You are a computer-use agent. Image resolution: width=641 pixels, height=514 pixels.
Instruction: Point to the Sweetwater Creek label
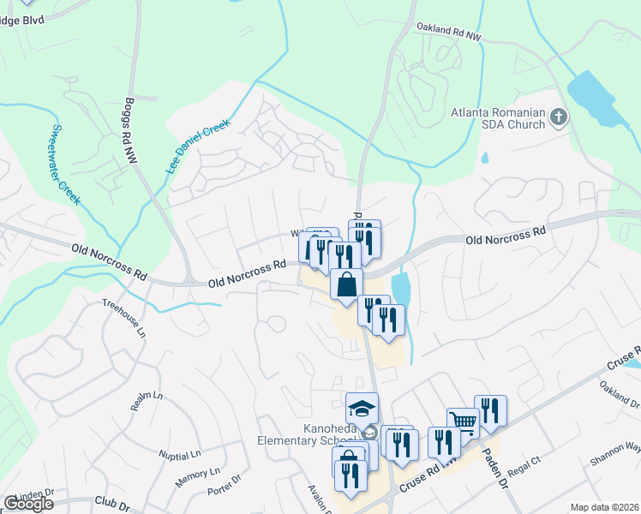64,164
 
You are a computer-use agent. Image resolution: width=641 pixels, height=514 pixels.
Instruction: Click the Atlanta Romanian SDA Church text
499,118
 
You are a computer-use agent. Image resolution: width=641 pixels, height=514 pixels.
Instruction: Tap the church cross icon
559,116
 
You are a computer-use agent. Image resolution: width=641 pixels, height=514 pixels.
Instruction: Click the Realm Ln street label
147,400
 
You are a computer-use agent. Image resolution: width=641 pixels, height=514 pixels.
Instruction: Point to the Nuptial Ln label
178,453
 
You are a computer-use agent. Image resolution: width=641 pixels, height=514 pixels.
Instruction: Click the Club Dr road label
111,505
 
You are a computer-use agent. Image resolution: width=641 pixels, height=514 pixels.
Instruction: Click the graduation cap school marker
362,406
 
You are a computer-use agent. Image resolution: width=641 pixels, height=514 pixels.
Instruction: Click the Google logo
27,504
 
